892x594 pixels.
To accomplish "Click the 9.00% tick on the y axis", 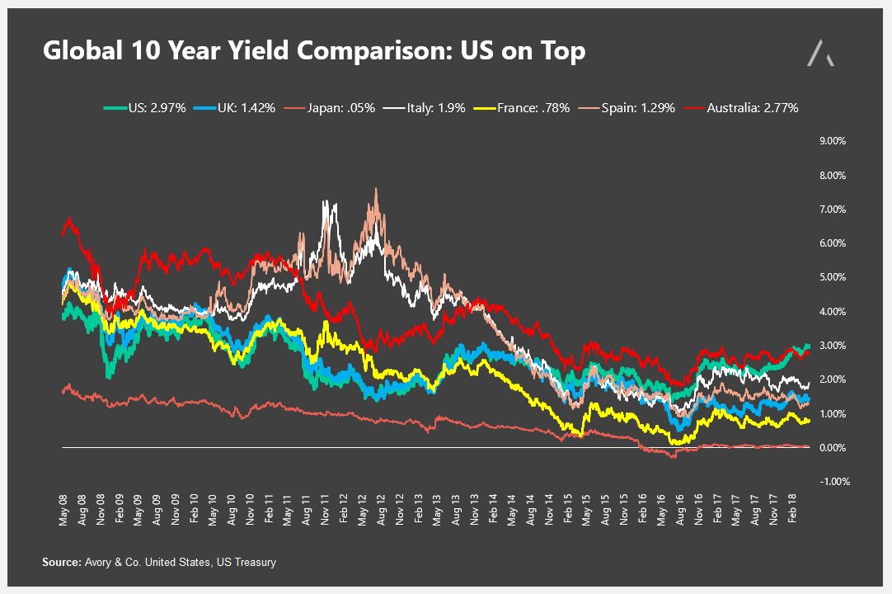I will (832, 141).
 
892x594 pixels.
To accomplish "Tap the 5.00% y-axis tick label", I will (832, 277).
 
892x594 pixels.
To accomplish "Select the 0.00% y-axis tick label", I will (832, 447).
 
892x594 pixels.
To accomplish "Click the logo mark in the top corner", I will (819, 52).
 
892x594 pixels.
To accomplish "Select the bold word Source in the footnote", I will (62, 563).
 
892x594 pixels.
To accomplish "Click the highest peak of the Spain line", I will (376, 189).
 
